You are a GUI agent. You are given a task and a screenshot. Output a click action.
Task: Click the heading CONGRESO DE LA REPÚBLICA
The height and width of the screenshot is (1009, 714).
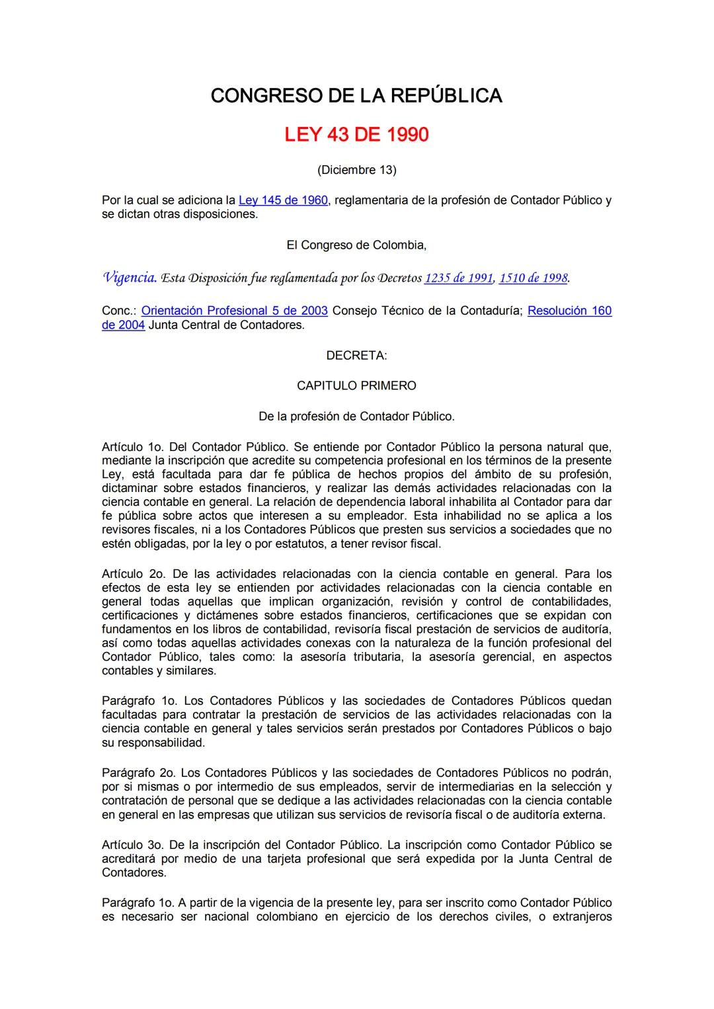(x=356, y=96)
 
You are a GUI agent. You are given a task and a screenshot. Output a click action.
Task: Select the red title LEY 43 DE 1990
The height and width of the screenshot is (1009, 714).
(x=356, y=135)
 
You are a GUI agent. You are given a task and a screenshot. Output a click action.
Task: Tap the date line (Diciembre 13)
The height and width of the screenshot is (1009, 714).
(x=356, y=170)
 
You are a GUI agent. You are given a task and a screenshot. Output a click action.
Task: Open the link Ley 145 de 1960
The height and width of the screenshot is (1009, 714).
(x=283, y=200)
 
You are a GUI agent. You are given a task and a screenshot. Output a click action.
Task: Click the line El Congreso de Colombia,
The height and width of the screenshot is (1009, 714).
(x=356, y=245)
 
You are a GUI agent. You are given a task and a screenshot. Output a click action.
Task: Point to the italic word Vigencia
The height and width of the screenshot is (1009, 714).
(x=130, y=278)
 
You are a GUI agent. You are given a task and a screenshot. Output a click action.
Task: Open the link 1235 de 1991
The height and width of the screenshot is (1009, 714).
(x=458, y=278)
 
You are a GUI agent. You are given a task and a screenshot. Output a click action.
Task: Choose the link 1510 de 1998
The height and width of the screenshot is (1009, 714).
(x=533, y=278)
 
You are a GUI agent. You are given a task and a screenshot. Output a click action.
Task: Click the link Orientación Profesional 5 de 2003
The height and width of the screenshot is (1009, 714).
(x=235, y=311)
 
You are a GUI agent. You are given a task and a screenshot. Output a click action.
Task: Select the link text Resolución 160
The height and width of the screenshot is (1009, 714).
(x=569, y=311)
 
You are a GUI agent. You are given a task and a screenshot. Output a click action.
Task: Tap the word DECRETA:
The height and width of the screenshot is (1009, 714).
(x=356, y=356)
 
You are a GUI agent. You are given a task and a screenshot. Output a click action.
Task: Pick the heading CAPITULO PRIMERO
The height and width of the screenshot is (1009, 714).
(x=356, y=385)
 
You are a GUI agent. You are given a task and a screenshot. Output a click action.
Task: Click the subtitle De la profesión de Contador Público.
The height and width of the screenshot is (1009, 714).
(x=356, y=417)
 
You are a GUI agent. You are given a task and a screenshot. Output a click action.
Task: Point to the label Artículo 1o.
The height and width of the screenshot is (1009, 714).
(x=131, y=447)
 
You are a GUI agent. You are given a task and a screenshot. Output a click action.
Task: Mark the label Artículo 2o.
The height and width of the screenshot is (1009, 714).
(x=131, y=574)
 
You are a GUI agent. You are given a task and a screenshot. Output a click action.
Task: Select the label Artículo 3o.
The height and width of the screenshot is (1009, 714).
(x=132, y=845)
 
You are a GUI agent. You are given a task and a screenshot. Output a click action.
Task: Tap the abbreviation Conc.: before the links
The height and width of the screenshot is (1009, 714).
(x=119, y=311)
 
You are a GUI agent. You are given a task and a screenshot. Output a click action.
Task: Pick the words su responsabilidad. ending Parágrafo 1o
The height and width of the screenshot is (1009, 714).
(x=153, y=743)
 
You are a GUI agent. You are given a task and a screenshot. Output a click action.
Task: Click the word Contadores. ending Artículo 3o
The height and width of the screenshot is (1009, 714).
(x=134, y=873)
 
